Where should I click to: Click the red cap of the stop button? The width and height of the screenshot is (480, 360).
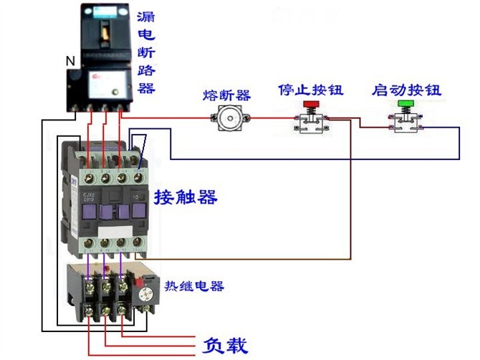click(x=311, y=105)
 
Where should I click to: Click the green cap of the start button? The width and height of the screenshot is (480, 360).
click(x=405, y=105)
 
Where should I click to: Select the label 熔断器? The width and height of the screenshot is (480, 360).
click(x=226, y=95)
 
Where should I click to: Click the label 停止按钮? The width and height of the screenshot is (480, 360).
click(x=310, y=90)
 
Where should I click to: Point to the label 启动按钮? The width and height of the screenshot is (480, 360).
click(x=406, y=90)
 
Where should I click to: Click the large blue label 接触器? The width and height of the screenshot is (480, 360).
click(x=185, y=197)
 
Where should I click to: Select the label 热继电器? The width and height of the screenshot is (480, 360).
click(x=195, y=286)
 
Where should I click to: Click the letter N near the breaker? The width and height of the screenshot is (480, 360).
click(x=70, y=62)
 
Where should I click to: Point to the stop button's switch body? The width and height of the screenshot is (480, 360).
click(x=311, y=123)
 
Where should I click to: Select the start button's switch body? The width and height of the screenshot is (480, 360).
click(x=405, y=123)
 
